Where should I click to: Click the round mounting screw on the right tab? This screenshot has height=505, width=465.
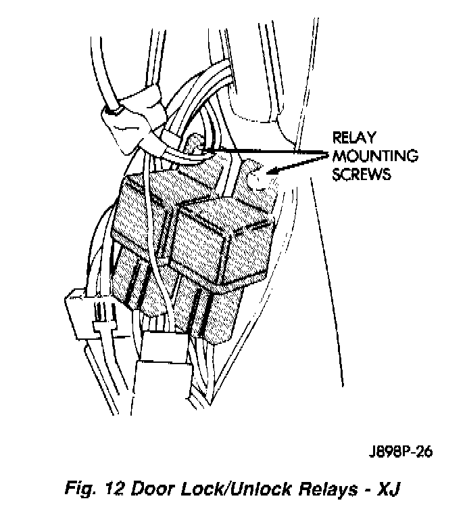[257, 177]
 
